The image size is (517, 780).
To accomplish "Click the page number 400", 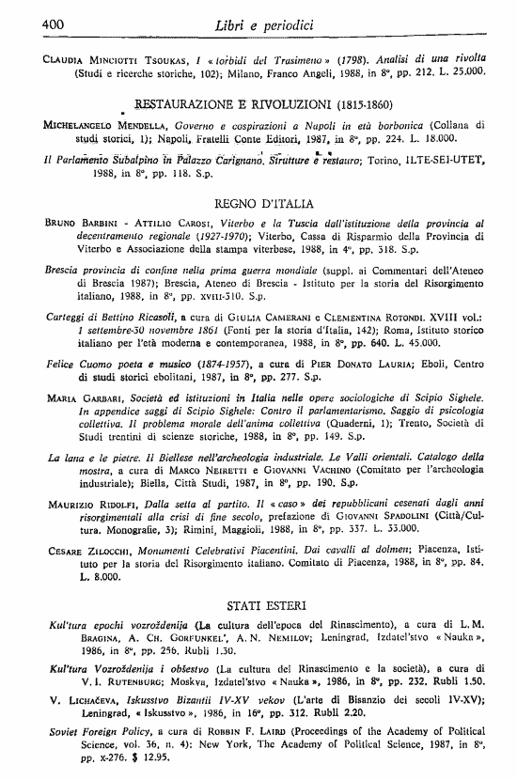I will [x=28, y=21].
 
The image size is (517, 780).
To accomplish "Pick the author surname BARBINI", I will [x=100, y=224].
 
